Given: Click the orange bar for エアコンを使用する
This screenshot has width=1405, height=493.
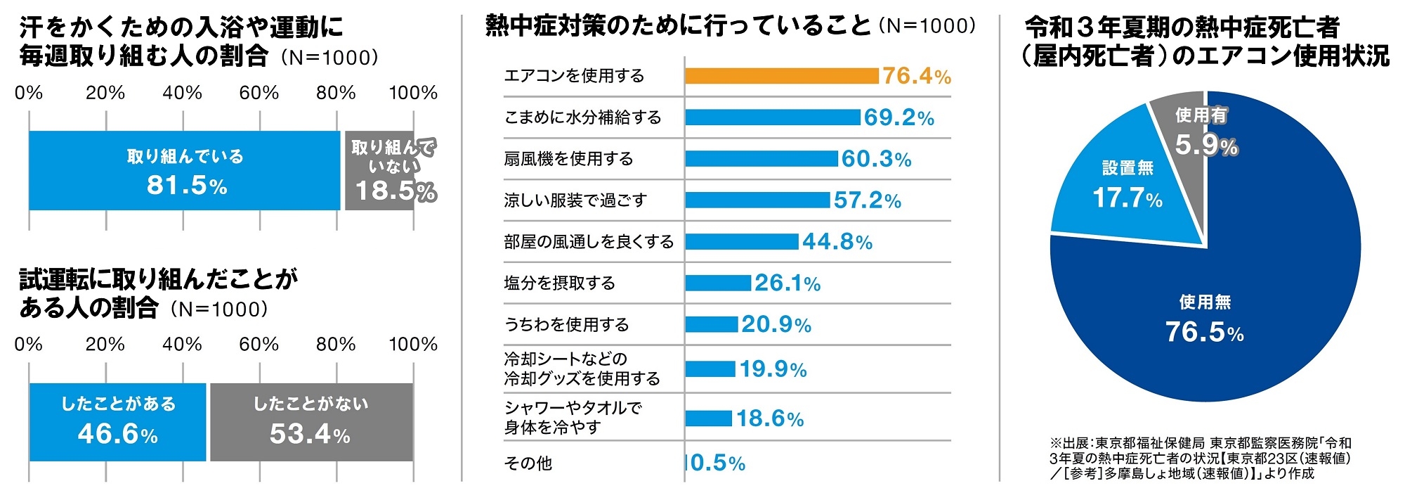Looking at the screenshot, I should (781, 76).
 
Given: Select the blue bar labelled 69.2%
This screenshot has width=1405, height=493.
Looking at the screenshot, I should (772, 117).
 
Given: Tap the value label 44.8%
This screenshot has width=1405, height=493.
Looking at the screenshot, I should (837, 242).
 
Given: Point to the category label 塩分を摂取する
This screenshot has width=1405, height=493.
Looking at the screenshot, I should (559, 283).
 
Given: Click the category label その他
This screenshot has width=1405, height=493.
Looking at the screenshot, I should (528, 463).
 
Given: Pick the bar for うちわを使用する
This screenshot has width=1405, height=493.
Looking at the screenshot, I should (711, 324).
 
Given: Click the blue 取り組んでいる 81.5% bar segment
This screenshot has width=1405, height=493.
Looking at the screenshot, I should (184, 170).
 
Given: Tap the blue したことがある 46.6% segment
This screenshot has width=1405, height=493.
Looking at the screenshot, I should (117, 422).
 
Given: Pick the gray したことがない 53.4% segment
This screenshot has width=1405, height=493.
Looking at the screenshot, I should (311, 422).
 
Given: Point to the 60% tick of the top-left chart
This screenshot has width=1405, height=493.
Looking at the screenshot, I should (259, 93).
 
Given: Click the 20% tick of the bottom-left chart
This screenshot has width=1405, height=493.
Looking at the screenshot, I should (105, 345).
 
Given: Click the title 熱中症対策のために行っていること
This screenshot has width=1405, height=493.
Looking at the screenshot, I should (678, 26).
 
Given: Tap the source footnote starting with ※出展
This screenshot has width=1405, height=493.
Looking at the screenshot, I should (1200, 458).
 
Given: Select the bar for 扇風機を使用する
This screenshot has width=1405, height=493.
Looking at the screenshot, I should (761, 159).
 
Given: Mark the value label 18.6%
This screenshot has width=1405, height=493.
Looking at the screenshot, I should (770, 419).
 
